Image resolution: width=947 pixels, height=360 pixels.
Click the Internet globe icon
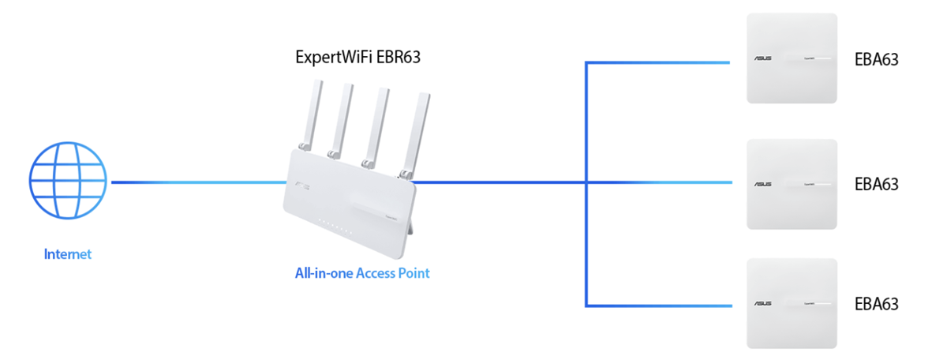pos(67,182)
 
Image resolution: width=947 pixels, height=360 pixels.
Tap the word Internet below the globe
pos(68,254)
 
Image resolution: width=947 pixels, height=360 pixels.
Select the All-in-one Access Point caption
pos(362,274)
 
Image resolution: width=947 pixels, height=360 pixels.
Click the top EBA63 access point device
pos(792,58)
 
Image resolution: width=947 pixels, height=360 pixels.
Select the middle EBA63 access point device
pos(792,184)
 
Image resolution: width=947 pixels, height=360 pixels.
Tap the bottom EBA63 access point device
pos(792,303)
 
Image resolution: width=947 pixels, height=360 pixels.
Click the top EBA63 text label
pos(878,59)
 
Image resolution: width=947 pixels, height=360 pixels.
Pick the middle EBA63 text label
pos(878,185)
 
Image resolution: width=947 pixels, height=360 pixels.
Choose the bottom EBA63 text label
pos(878,304)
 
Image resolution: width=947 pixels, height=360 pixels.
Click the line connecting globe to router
pos(197,182)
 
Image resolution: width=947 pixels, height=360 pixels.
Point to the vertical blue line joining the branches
pos(586,237)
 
